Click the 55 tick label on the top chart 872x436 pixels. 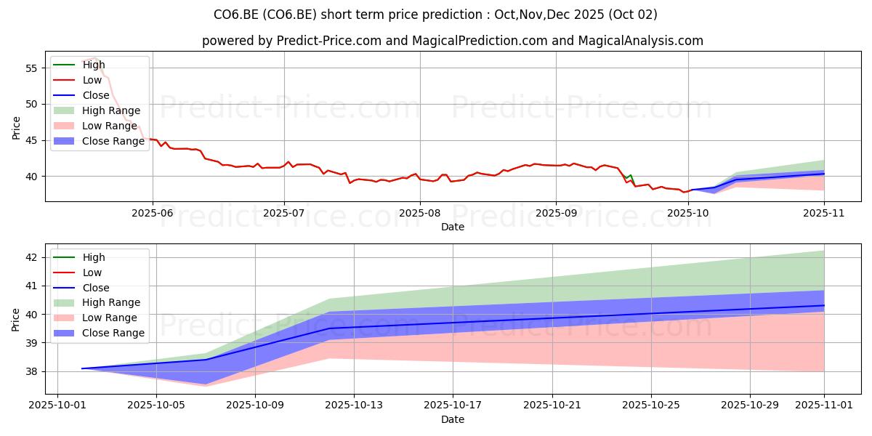pos(31,68)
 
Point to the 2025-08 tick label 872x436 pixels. pos(420,214)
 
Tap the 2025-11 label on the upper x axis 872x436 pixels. pos(824,214)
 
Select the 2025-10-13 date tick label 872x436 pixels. pos(354,405)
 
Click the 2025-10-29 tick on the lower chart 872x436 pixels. pos(750,405)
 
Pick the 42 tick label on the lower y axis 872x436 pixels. pos(31,258)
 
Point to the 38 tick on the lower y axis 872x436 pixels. pos(31,372)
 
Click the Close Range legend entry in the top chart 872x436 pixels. pos(99,141)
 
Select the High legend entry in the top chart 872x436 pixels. pos(79,65)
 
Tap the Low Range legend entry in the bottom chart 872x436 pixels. pos(95,318)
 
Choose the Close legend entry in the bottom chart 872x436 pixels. pos(81,288)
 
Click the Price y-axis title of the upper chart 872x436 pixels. pos(16,128)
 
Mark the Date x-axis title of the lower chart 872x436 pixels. pos(452,419)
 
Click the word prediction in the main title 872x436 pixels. pos(452,15)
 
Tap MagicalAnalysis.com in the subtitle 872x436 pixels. pos(640,41)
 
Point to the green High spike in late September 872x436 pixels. pos(630,177)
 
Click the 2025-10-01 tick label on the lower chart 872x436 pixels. pos(57,405)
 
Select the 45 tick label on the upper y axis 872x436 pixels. pos(31,140)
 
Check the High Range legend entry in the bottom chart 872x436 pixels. pos(97,302)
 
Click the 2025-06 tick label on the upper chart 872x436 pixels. pos(152,214)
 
